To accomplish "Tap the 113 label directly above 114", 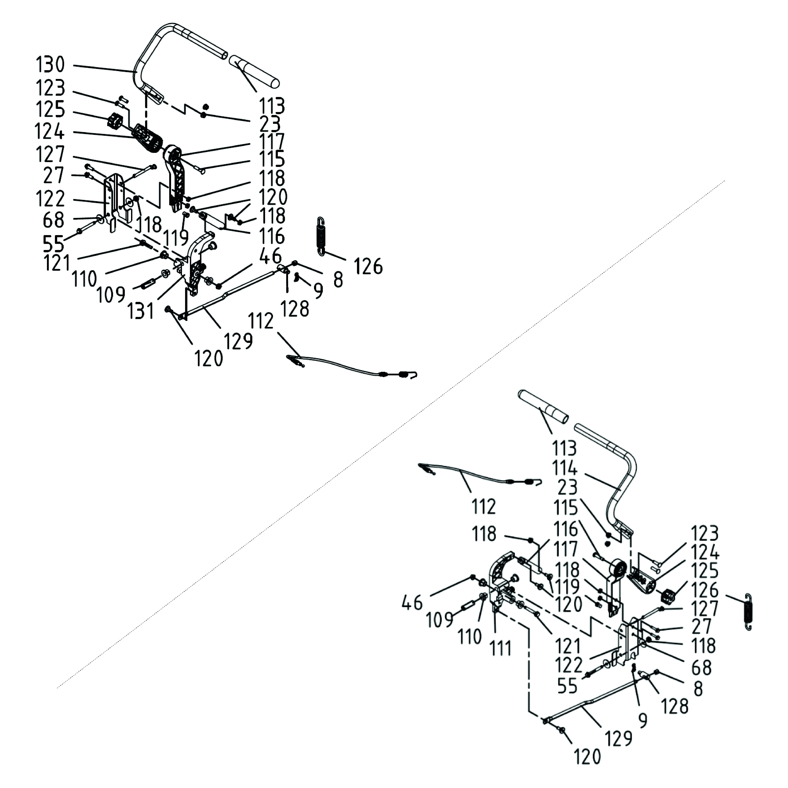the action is point(565,448).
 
